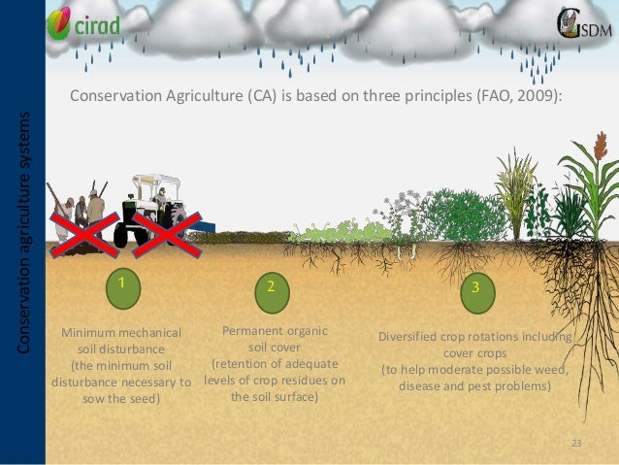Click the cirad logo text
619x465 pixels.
tap(98, 25)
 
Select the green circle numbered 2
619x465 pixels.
tap(272, 287)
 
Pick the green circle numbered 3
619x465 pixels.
tap(475, 288)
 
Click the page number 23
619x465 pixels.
tap(576, 444)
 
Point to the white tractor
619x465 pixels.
tap(152, 210)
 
